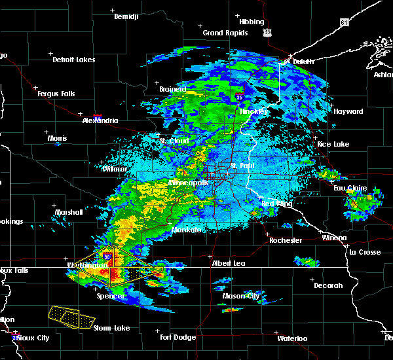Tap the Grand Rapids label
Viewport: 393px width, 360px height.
click(225, 33)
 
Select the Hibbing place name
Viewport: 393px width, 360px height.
click(252, 21)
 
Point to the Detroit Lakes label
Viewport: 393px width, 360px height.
click(74, 60)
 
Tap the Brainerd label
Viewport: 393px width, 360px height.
click(173, 89)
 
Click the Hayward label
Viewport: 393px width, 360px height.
click(348, 111)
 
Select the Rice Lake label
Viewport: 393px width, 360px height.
click(333, 144)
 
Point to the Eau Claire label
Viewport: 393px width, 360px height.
click(348, 189)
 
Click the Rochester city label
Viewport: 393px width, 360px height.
click(286, 240)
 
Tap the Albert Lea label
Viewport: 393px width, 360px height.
click(229, 263)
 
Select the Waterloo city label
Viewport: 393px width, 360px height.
click(292, 338)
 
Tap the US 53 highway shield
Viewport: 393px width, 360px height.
click(265, 31)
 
